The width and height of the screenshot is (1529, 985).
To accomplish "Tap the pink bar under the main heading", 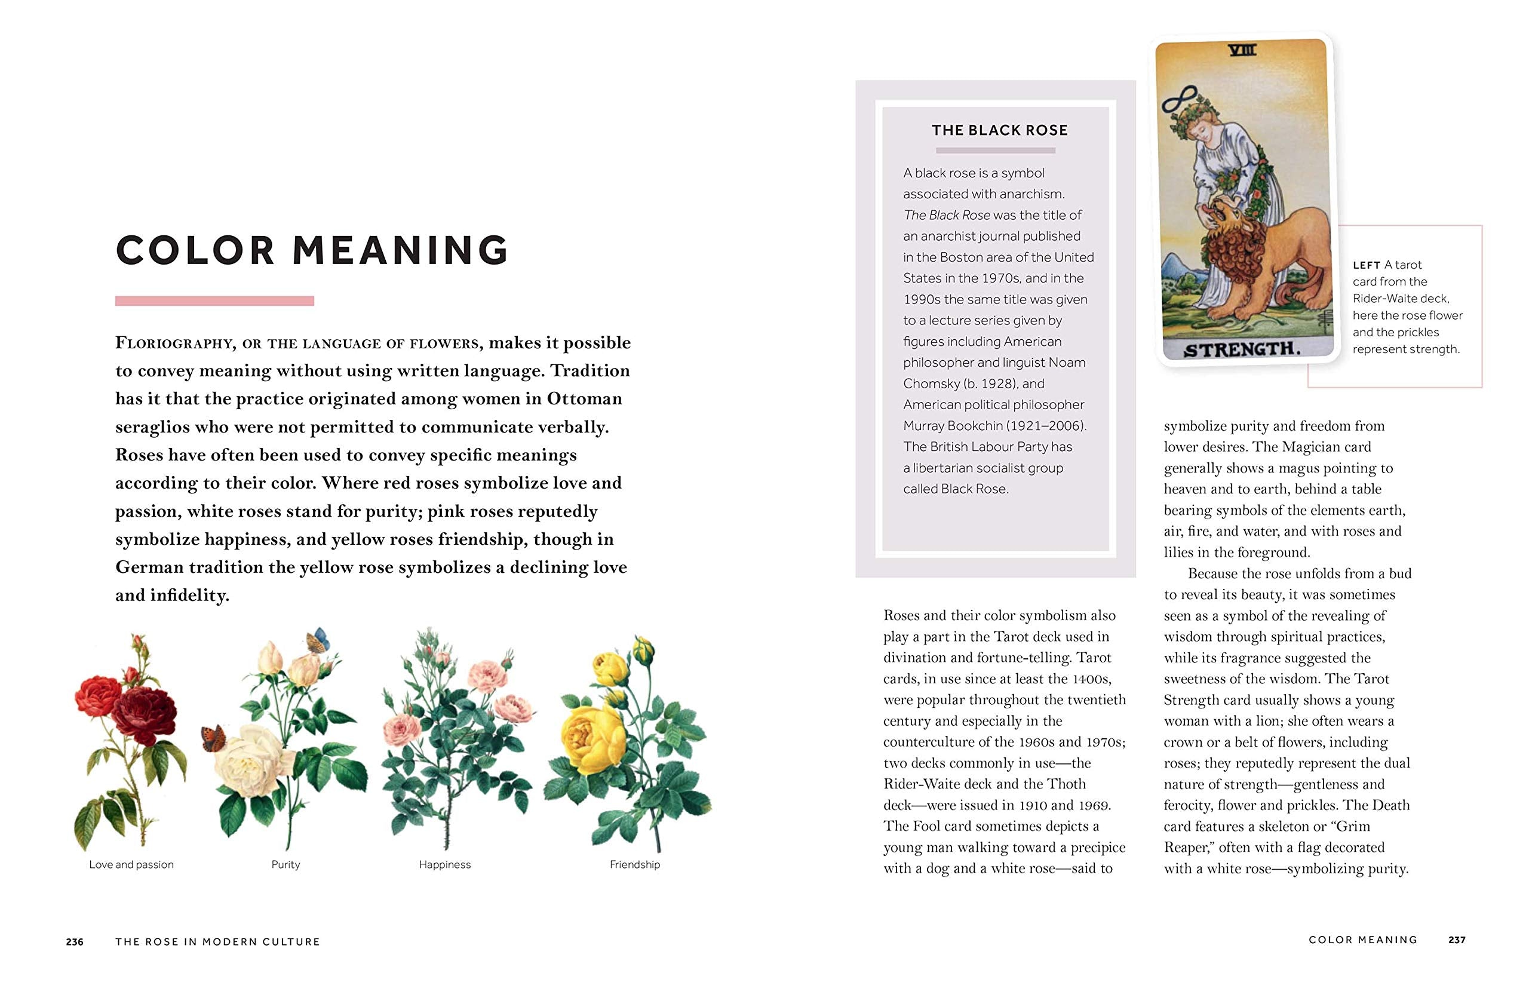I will pos(214,300).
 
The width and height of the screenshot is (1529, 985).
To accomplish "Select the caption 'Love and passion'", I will pos(131,864).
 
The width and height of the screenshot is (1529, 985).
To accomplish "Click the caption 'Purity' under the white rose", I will pos(285,864).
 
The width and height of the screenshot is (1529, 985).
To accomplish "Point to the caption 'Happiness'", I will pos(444,864).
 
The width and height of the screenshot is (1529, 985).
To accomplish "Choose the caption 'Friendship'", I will pos(634,864).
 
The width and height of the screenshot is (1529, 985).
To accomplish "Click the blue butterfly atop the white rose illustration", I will pos(318,640).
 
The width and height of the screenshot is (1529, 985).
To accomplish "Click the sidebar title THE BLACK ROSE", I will pos(999,130).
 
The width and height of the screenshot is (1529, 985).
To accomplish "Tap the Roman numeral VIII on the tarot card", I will pos(1242,50).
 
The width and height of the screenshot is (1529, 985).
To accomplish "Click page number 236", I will pos(75,941).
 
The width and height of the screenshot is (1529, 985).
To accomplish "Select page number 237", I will pos(1457,940).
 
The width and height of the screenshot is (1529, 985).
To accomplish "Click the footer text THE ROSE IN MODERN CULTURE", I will pos(217,941).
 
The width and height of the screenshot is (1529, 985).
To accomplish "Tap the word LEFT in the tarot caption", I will pos(1366,265).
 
